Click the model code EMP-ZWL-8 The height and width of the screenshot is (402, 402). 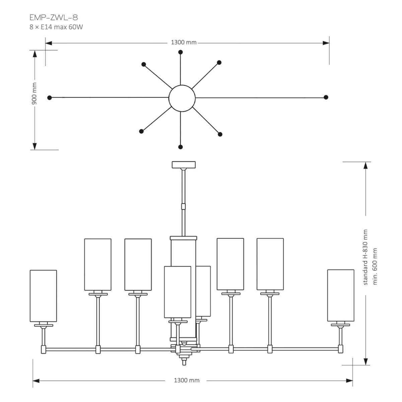pyautogui.click(x=54, y=17)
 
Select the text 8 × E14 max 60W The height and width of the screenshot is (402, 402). pyautogui.click(x=56, y=27)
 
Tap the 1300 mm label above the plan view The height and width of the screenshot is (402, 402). pyautogui.click(x=184, y=43)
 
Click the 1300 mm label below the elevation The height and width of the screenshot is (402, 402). pyautogui.click(x=187, y=380)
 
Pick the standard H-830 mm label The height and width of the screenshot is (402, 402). pyautogui.click(x=365, y=257)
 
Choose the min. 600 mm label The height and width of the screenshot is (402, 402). pyautogui.click(x=375, y=266)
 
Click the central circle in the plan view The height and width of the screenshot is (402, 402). pyautogui.click(x=182, y=98)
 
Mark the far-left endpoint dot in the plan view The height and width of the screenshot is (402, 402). pyautogui.click(x=50, y=97)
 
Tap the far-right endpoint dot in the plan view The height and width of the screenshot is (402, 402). pyautogui.click(x=326, y=97)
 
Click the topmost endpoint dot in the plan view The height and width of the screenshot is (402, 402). pyautogui.click(x=181, y=52)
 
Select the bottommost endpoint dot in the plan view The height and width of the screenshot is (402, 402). pyautogui.click(x=181, y=147)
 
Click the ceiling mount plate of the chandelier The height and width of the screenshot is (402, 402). pyautogui.click(x=184, y=164)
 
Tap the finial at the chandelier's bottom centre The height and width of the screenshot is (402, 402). pyautogui.click(x=184, y=362)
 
